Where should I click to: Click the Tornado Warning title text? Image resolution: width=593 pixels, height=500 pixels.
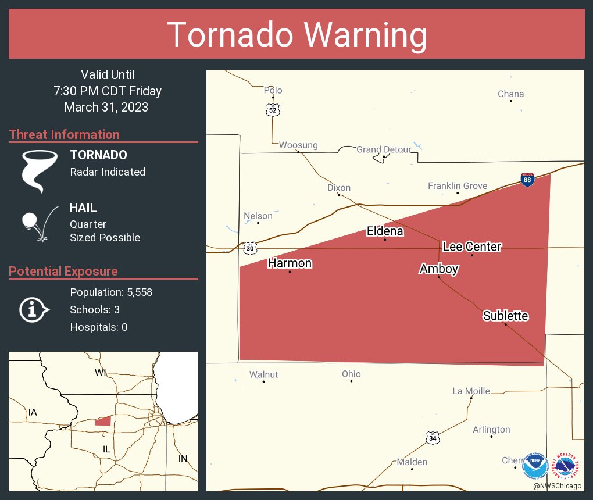(296, 35)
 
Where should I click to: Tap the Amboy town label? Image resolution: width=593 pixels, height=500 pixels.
(439, 269)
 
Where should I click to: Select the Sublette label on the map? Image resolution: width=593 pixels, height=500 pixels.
(505, 316)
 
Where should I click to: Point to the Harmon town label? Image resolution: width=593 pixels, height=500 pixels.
(290, 263)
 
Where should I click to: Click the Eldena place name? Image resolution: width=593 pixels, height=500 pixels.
(384, 231)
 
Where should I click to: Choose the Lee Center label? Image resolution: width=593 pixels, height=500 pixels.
(471, 247)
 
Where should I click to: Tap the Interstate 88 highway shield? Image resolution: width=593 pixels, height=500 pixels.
(527, 180)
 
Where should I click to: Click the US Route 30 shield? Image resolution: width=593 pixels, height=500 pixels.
(250, 248)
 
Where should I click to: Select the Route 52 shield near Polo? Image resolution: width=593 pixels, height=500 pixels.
(273, 109)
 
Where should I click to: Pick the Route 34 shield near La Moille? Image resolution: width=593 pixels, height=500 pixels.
(432, 438)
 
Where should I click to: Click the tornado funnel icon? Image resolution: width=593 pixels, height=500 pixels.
(39, 170)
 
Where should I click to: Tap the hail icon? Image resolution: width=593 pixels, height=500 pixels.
(38, 223)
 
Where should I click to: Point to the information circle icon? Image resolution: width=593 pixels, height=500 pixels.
(33, 310)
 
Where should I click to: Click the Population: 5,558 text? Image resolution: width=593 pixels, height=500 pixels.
(111, 292)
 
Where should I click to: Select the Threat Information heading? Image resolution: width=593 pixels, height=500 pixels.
(65, 134)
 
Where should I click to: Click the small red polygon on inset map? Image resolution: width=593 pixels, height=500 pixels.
(103, 421)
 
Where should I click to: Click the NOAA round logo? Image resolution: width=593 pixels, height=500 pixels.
(535, 466)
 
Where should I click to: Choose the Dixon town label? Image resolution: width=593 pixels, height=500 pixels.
(339, 188)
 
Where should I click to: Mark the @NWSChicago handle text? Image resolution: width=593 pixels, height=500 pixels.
(557, 485)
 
